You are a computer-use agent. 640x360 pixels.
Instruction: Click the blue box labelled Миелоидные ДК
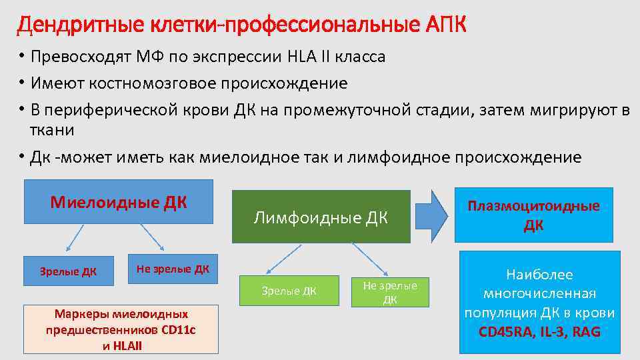click(x=119, y=201)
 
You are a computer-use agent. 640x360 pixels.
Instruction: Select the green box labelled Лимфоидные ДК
click(x=321, y=217)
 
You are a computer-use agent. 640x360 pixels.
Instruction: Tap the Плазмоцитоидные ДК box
click(x=533, y=215)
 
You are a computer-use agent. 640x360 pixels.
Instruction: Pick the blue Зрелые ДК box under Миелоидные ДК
click(x=68, y=271)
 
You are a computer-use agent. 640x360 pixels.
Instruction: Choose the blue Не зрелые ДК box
click(x=173, y=269)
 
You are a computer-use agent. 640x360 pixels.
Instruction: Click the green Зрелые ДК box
click(x=289, y=291)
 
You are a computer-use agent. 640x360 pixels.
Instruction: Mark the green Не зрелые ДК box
click(x=390, y=292)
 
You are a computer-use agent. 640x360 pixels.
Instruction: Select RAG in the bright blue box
click(x=586, y=330)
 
